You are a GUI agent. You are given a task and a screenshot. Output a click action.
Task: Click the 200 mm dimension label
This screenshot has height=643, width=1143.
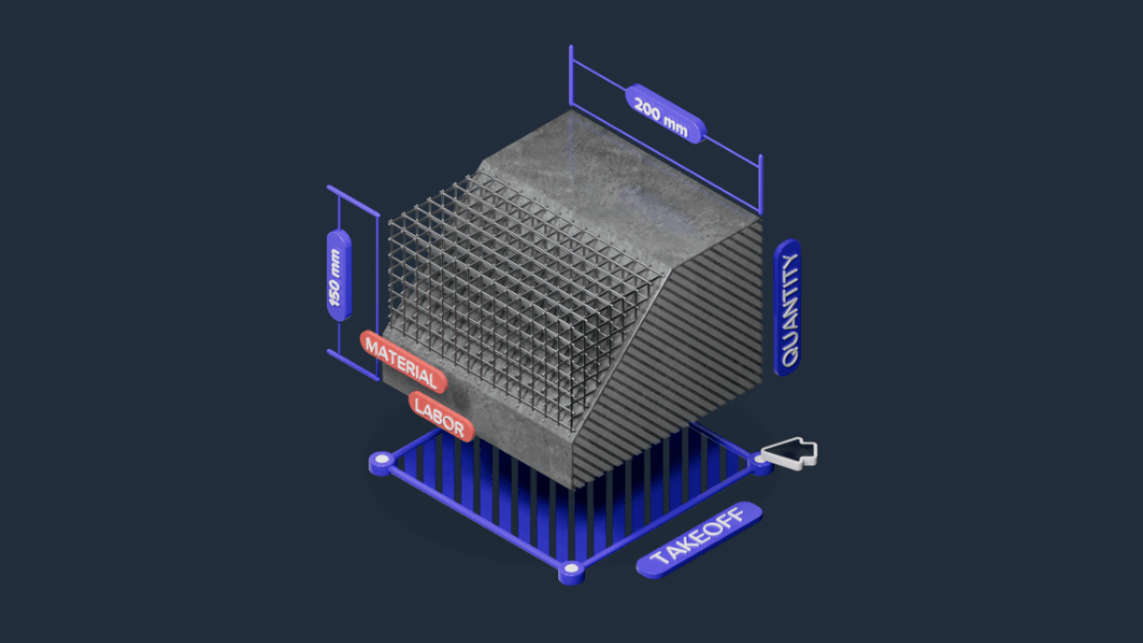[x=665, y=113]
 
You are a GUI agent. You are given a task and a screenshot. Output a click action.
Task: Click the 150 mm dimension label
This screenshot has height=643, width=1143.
[x=338, y=275]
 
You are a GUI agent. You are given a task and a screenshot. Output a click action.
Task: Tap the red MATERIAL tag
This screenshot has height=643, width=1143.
[x=403, y=361]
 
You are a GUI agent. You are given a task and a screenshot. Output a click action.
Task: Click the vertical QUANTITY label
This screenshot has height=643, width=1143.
[x=788, y=307]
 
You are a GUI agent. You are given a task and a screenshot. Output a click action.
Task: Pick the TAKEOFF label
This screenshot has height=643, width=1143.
[x=699, y=539]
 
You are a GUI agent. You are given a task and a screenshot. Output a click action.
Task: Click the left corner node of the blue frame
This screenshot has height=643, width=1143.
[x=382, y=461]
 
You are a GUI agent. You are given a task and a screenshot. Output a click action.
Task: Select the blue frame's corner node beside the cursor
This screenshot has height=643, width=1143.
[x=761, y=463]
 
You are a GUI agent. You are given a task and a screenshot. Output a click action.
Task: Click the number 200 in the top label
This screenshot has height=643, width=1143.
[x=649, y=105]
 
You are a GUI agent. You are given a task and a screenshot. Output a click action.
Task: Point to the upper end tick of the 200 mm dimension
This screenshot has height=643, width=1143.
[x=571, y=63]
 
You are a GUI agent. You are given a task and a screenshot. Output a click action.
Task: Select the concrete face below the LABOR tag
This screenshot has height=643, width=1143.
[x=518, y=447]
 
